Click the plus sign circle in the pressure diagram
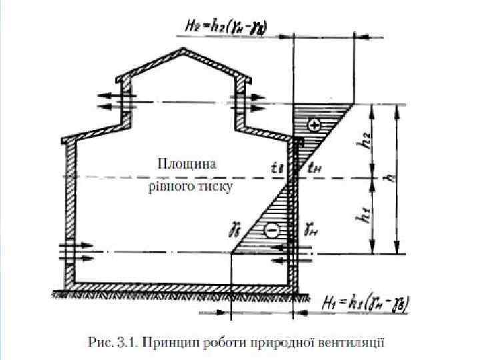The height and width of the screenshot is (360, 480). (x=314, y=125)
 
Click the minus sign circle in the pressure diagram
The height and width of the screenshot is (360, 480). (x=272, y=231)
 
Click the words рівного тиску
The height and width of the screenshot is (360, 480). (x=190, y=187)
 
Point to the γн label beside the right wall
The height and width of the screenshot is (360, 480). (x=311, y=229)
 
